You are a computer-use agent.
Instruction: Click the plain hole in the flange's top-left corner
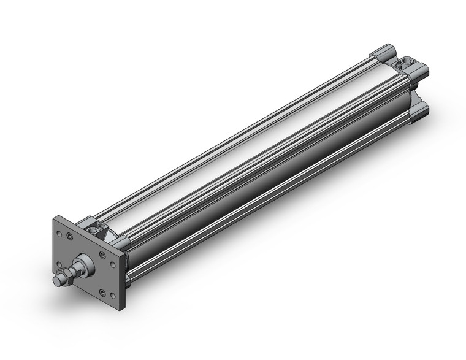[59, 232]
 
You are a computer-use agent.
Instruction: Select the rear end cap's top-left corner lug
[381, 52]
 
